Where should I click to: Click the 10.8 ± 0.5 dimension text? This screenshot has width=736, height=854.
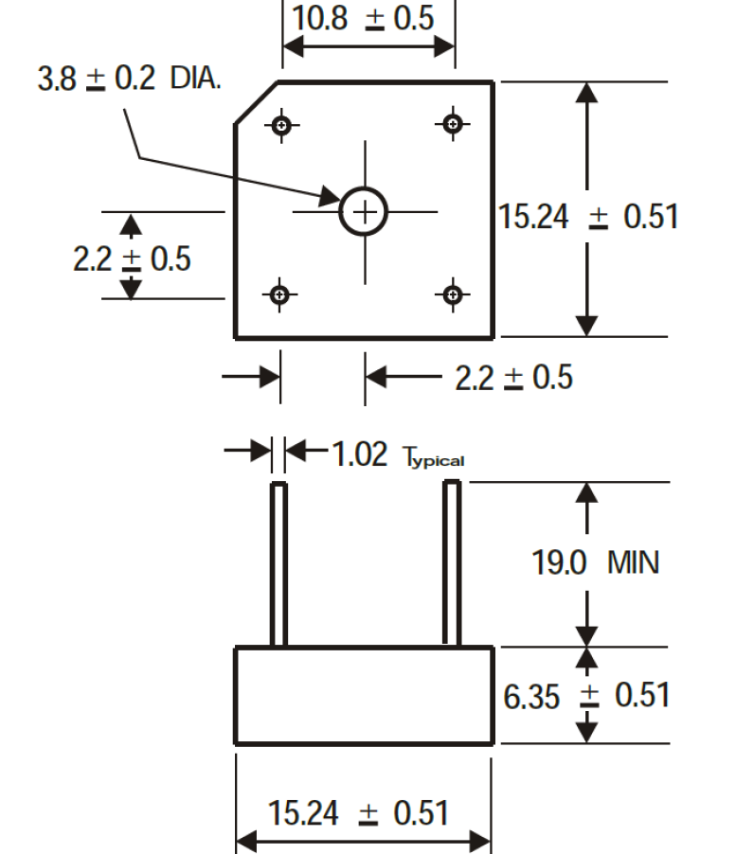click(x=363, y=18)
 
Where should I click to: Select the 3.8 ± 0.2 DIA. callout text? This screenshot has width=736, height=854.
click(x=129, y=78)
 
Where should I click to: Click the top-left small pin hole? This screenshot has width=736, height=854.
click(x=281, y=126)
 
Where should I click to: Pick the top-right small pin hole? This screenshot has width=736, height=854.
click(x=453, y=124)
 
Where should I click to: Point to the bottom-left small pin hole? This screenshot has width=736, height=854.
click(x=279, y=294)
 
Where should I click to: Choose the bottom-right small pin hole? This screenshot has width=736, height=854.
click(x=452, y=294)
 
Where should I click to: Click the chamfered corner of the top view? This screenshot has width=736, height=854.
click(x=256, y=103)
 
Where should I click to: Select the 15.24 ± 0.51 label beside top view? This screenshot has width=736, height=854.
click(x=588, y=216)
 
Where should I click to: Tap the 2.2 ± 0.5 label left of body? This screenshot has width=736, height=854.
click(x=132, y=258)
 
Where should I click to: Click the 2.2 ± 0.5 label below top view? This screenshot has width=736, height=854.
click(x=513, y=378)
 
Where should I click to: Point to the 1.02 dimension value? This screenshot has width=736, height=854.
click(x=360, y=454)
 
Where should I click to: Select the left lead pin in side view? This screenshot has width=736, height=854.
click(x=278, y=564)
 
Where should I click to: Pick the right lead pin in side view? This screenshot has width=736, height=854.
click(x=452, y=562)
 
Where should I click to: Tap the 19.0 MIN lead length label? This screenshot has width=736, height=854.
click(x=595, y=562)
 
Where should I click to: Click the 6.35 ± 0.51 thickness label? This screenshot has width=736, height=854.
click(x=586, y=696)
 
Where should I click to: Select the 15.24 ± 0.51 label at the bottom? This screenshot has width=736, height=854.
click(x=358, y=813)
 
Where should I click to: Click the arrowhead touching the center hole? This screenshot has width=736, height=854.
click(x=331, y=197)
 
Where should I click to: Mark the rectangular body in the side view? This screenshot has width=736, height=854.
click(x=364, y=695)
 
